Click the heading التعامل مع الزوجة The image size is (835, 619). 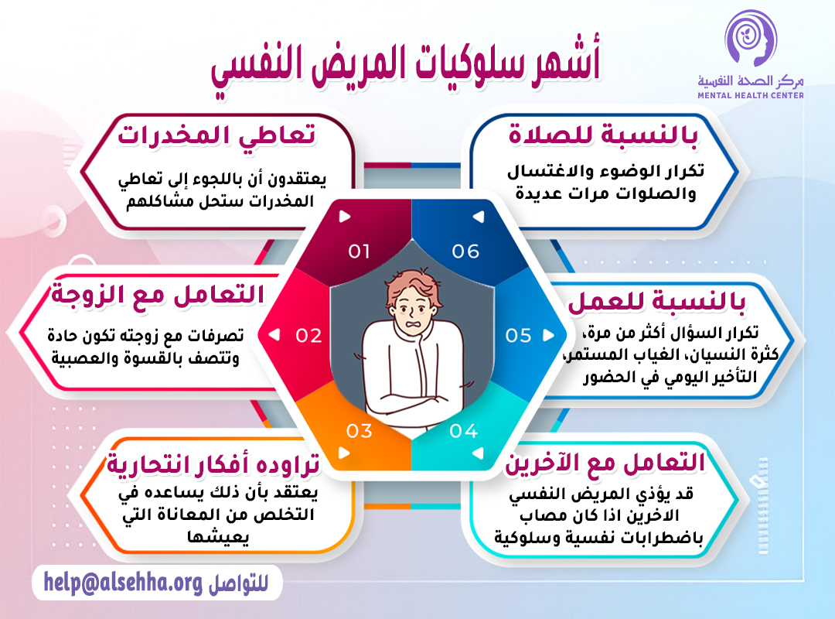tap(158, 296)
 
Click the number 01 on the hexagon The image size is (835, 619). tap(359, 251)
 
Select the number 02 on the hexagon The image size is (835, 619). tap(308, 335)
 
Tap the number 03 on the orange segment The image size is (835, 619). tap(359, 431)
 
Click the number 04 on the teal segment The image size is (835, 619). tap(463, 431)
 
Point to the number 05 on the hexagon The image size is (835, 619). tap(518, 335)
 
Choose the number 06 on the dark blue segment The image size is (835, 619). tap(465, 251)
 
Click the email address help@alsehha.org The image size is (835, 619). tap(123, 581)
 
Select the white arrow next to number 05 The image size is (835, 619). tap(548, 335)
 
